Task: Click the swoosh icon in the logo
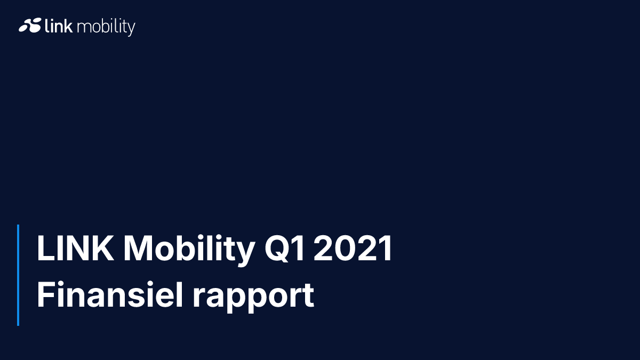tap(30, 25)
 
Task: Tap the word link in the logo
tap(59, 25)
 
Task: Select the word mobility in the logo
tap(106, 27)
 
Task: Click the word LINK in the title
tap(75, 249)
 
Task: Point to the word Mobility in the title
tap(189, 250)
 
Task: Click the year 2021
tap(353, 249)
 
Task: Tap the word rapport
tap(254, 298)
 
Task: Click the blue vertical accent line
tap(18, 275)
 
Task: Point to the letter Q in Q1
tap(276, 249)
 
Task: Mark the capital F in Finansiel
tap(46, 294)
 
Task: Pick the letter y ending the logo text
tap(131, 29)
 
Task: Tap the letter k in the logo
tap(68, 25)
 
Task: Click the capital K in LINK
tap(103, 249)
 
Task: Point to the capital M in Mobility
tap(138, 249)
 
